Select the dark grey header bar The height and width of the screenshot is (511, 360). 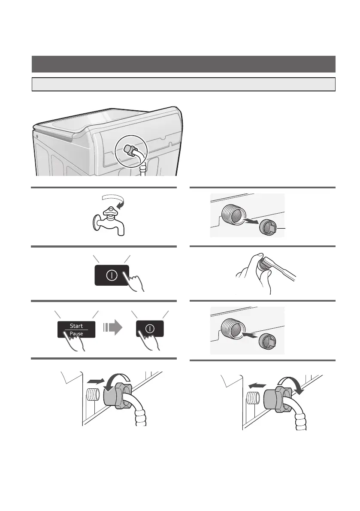(183, 64)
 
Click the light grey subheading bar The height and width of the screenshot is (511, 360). (183, 84)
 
